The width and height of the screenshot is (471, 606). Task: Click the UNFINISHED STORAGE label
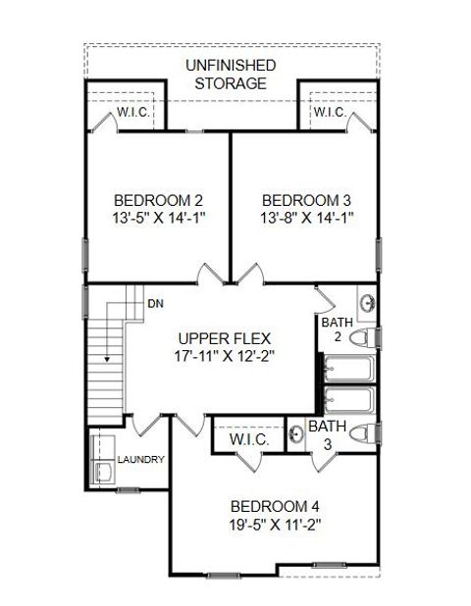(x=231, y=75)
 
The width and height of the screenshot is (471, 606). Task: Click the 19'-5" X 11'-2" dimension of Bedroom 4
(x=275, y=525)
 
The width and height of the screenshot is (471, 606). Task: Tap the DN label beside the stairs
(x=155, y=304)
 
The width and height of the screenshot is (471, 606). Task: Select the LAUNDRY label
(x=141, y=459)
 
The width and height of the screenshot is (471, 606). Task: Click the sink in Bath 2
(x=365, y=303)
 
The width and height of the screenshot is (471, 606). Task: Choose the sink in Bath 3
(x=295, y=433)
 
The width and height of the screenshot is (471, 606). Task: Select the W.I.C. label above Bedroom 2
(x=132, y=113)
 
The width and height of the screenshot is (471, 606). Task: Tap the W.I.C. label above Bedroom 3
(x=329, y=113)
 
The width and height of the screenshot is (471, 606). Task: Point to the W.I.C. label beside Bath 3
(x=249, y=440)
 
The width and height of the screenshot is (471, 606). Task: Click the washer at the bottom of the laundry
(x=102, y=472)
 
